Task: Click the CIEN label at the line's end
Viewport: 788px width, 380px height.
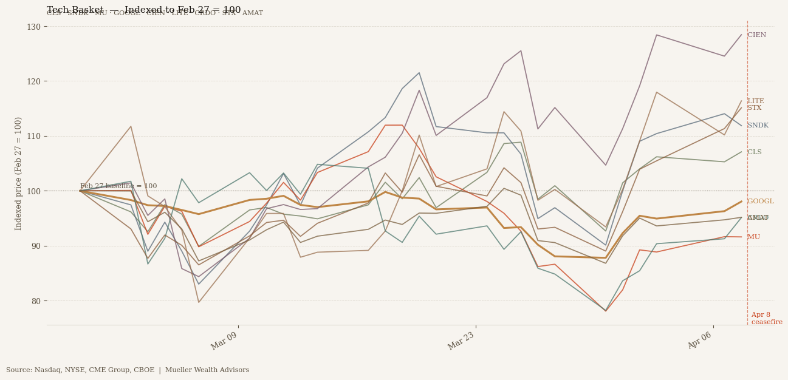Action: (x=756, y=35)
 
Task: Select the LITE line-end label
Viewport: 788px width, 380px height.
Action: (x=756, y=101)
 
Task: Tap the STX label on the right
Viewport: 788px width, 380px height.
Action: (x=754, y=108)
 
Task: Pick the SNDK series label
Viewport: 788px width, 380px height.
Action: (x=758, y=126)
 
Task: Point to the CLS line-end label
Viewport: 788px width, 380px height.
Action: (x=754, y=152)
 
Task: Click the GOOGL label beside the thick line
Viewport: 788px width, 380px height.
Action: (x=760, y=202)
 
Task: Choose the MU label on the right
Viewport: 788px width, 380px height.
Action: (x=753, y=237)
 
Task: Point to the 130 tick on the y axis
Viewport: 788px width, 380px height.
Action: (x=33, y=27)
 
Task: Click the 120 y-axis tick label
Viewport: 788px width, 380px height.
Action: (x=33, y=81)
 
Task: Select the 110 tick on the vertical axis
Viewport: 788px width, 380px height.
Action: (x=33, y=136)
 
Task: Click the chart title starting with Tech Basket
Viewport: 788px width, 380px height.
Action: (x=143, y=10)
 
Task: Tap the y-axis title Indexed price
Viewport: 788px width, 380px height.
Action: (x=19, y=173)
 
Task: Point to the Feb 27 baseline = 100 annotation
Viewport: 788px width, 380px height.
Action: (x=118, y=186)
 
